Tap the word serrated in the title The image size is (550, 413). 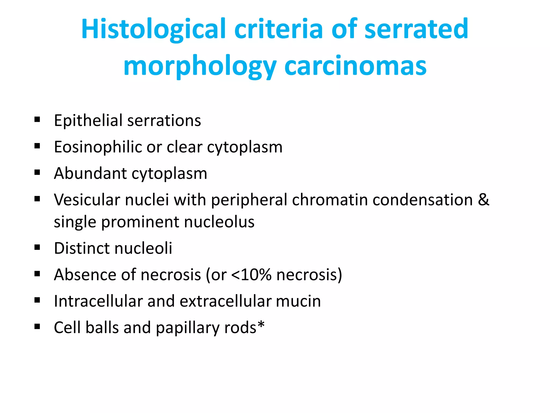coord(416,29)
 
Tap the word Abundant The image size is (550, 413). coord(90,173)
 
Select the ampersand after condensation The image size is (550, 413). coord(483,200)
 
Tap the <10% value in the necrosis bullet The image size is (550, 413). coord(251,275)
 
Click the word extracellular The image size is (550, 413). coord(226,301)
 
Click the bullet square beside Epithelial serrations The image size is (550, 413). coord(37,119)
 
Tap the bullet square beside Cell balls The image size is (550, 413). coord(37,326)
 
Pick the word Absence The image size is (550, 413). coord(85,275)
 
